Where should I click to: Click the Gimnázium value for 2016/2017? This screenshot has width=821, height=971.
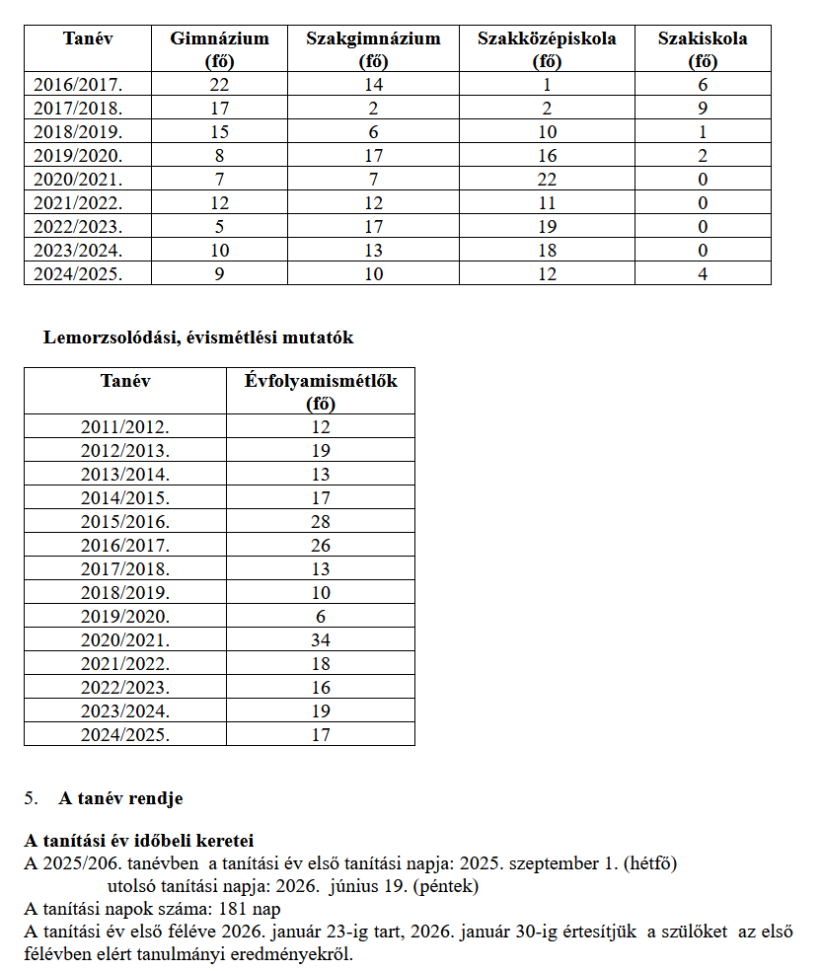pos(219,85)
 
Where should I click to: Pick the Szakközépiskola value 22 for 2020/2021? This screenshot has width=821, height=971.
pos(547,180)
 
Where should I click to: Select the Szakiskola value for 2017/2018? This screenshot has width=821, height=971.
pos(703,109)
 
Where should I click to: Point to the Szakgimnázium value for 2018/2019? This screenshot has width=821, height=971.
pos(373,132)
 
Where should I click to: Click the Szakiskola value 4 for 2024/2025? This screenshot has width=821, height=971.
pos(703,274)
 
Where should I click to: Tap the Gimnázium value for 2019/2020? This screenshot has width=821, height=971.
pos(219,156)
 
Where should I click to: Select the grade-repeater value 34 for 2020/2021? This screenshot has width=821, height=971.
pos(321,640)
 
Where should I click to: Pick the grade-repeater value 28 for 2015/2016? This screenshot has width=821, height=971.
pos(321,522)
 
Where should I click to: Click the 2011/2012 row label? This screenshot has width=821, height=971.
pos(125,427)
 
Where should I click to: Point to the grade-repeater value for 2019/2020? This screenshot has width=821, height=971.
pos(321,617)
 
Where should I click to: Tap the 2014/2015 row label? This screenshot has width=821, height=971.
pos(125,498)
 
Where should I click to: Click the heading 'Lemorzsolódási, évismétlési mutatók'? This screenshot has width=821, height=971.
pos(198,337)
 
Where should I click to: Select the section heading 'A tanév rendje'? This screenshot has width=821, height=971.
pos(119,798)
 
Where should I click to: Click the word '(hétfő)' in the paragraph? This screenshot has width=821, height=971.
pos(649,863)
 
